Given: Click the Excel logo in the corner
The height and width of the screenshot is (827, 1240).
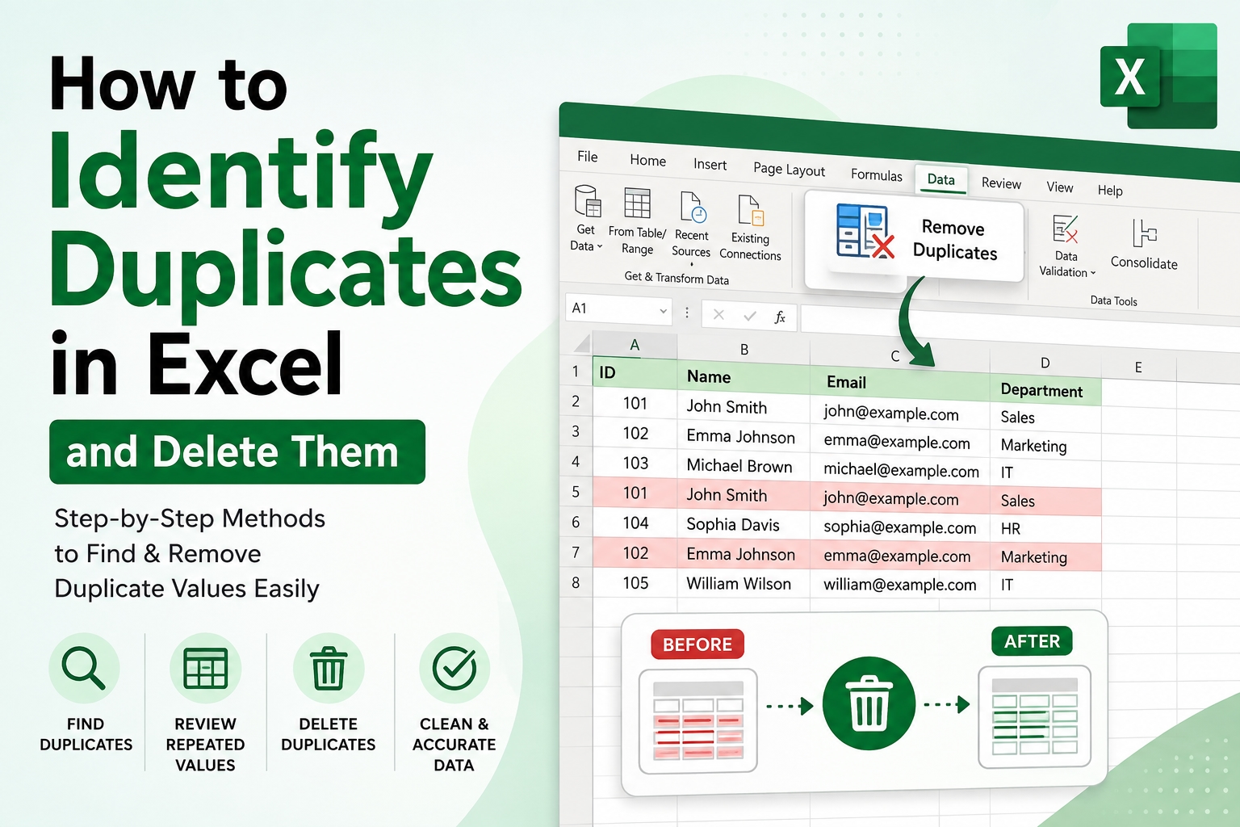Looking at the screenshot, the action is point(1158,76).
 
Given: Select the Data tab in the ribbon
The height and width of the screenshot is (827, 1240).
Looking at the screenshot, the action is point(940,179).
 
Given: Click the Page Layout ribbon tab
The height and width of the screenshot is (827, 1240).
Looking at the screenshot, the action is point(789,170).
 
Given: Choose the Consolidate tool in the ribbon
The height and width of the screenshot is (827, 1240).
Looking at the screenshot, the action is point(1144,244).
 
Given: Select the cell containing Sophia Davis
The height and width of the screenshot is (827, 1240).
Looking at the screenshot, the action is point(732,525).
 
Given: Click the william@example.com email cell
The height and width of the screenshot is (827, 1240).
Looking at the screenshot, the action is point(899,585).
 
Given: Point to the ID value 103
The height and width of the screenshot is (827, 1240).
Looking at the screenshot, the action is point(635,463).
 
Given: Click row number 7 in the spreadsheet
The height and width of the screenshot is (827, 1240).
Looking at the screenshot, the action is point(576,552).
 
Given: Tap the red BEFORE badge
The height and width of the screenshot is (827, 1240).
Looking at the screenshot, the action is point(697,644).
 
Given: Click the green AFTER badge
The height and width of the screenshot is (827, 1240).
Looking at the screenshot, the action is point(1032,641).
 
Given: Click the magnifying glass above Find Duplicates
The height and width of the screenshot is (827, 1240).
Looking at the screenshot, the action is point(84,669).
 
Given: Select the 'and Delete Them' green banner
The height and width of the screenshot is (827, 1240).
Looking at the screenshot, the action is point(237,451).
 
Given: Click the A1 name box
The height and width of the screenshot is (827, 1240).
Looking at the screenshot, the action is point(618,309).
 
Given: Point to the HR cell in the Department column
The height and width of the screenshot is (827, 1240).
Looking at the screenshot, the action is point(1010,529).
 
